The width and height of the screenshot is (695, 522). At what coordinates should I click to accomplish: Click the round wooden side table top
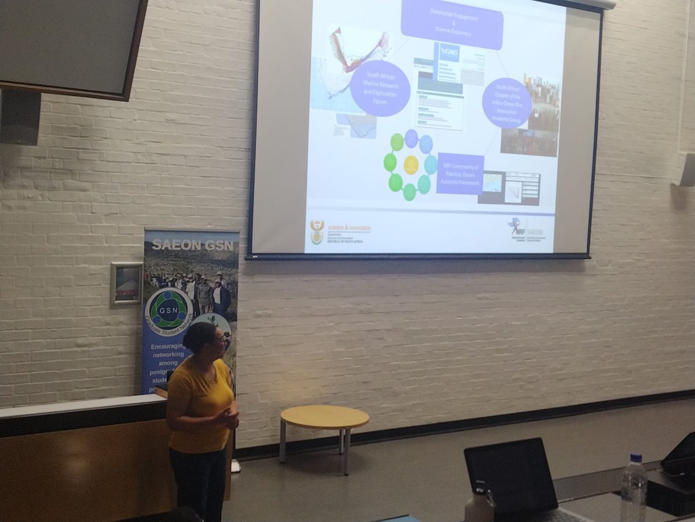(324, 417)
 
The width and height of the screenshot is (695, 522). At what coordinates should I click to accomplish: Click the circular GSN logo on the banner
(169, 310)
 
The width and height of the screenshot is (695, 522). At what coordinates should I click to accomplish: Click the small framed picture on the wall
(126, 283)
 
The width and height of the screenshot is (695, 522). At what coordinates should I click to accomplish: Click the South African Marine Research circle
(380, 88)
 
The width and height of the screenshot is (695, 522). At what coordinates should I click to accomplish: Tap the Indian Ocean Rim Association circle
(507, 103)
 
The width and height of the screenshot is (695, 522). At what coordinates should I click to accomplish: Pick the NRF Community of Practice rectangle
(460, 174)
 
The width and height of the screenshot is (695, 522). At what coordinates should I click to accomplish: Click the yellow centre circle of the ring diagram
(411, 165)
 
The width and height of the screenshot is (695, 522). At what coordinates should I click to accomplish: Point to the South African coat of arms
(317, 232)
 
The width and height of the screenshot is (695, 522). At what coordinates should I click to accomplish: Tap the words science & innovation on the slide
(349, 228)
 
